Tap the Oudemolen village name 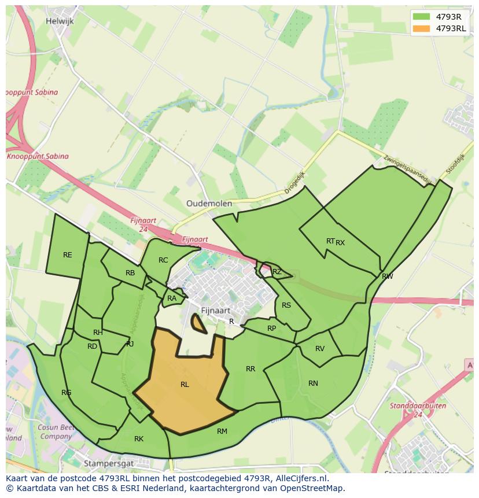tap(209, 204)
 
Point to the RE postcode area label tap(68, 255)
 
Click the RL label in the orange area tap(185, 385)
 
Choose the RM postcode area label tap(222, 431)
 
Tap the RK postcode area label tap(139, 439)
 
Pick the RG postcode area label tap(67, 393)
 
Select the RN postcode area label tap(313, 383)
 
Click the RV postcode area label tap(320, 349)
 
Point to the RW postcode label tap(388, 276)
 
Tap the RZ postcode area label tap(277, 272)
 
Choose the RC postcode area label tap(163, 260)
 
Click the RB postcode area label tap(130, 273)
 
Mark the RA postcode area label tap(172, 299)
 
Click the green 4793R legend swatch tap(422, 17)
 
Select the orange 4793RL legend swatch tap(422, 28)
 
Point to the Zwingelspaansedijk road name tap(407, 169)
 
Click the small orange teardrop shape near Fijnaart tap(199, 324)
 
